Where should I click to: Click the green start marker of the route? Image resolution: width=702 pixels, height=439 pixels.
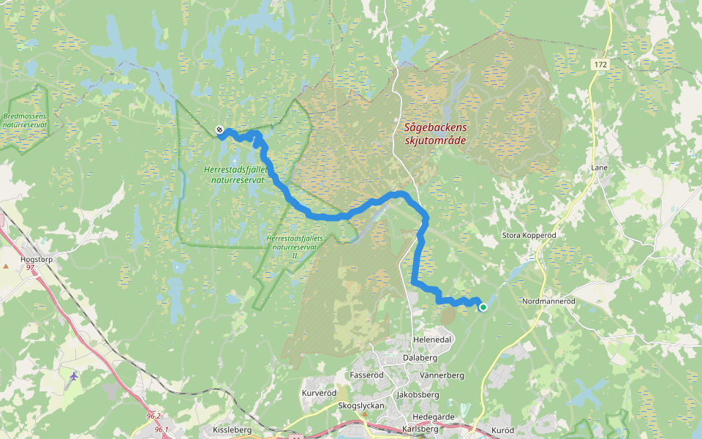tap(483, 307)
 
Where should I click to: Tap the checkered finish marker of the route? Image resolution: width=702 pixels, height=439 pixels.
tap(220, 131)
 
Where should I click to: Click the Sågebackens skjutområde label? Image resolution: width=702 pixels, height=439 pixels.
tap(434, 133)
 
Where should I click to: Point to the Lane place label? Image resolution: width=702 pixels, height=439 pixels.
tap(599, 168)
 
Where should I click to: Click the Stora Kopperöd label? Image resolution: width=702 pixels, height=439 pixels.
tap(529, 236)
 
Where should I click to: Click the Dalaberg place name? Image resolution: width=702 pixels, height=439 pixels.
tap(420, 358)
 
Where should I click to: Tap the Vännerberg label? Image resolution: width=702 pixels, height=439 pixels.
tap(442, 375)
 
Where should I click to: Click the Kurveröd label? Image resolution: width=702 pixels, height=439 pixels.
tap(318, 394)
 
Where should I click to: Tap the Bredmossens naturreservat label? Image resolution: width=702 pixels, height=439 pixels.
tap(25, 121)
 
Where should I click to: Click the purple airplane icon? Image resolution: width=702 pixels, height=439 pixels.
tap(73, 376)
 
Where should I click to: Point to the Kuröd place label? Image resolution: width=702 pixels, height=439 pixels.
tap(504, 429)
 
